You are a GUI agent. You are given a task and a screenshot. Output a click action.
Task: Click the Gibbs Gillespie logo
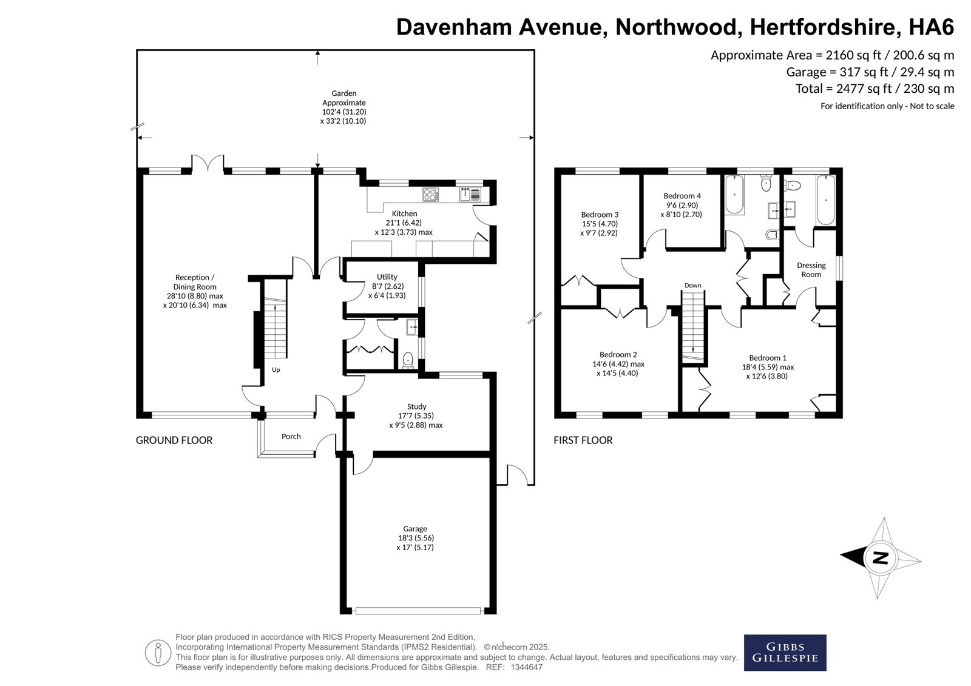(x=785, y=653)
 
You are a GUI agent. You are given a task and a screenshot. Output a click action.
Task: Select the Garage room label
(x=415, y=529)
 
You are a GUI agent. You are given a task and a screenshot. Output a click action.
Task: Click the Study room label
(x=416, y=406)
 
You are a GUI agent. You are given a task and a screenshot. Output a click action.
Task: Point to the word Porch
(x=291, y=436)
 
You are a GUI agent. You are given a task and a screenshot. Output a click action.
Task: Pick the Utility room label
(x=387, y=277)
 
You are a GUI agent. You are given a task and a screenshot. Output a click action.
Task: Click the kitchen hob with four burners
(x=430, y=195)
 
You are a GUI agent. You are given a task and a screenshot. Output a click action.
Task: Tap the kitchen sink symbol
(x=470, y=195)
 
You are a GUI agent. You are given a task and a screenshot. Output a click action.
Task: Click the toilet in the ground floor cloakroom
(x=408, y=360)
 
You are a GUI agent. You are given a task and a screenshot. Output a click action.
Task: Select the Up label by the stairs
(x=276, y=369)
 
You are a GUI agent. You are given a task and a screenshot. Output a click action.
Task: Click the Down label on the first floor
(x=692, y=286)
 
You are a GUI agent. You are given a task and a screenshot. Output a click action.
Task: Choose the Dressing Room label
(x=811, y=269)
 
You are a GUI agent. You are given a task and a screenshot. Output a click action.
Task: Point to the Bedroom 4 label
(x=682, y=196)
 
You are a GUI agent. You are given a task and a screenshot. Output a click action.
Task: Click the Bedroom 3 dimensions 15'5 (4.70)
(x=600, y=224)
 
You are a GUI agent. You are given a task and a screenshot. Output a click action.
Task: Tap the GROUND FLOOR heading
(x=174, y=440)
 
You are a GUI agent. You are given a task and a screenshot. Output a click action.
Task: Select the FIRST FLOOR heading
(x=583, y=440)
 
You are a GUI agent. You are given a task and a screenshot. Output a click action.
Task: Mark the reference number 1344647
(x=527, y=667)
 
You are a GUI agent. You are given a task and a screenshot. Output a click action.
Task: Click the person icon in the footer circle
(x=158, y=653)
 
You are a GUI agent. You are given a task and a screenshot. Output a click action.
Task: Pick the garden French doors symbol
(x=208, y=163)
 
